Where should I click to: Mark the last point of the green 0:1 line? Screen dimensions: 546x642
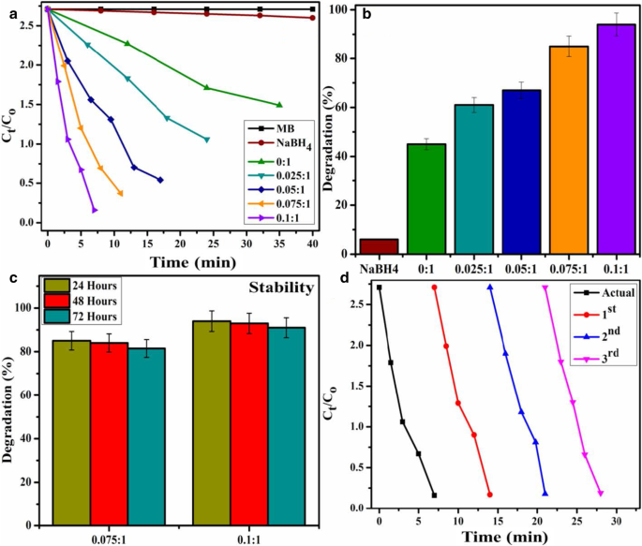279,105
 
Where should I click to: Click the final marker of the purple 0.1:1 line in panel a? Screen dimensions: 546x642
95,210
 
